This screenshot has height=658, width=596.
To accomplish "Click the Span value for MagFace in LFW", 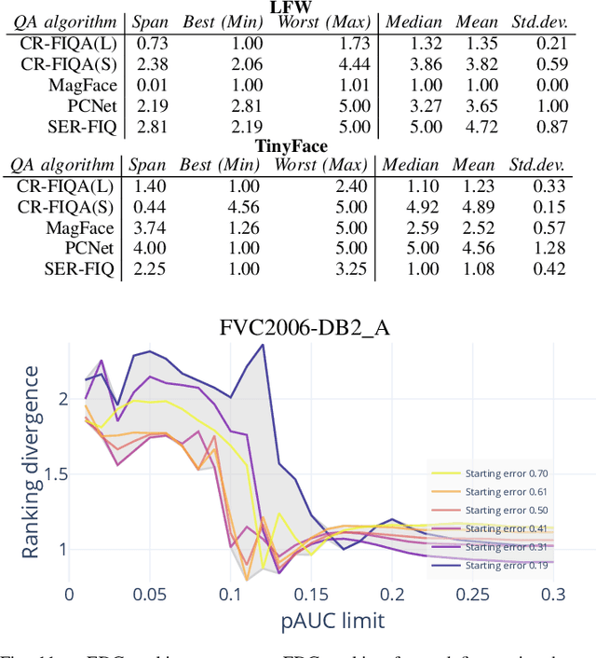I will point(147,85).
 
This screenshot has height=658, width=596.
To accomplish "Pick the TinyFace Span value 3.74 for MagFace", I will point(147,227).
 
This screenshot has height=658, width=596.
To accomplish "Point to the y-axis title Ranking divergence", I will point(31,462).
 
